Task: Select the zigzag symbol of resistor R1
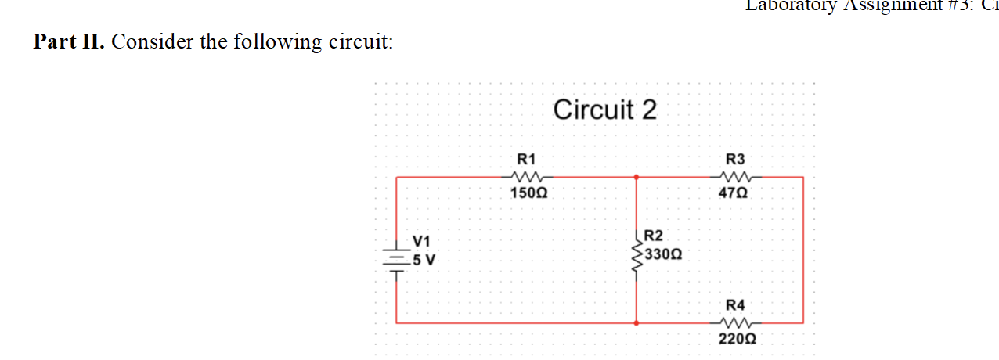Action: [525, 177]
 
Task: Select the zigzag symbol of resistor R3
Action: [734, 177]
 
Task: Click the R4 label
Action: [735, 304]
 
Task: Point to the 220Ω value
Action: [737, 339]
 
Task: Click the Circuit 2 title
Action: [604, 110]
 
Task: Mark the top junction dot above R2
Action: [636, 178]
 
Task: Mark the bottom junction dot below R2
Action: [636, 322]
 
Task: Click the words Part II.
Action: [69, 41]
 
